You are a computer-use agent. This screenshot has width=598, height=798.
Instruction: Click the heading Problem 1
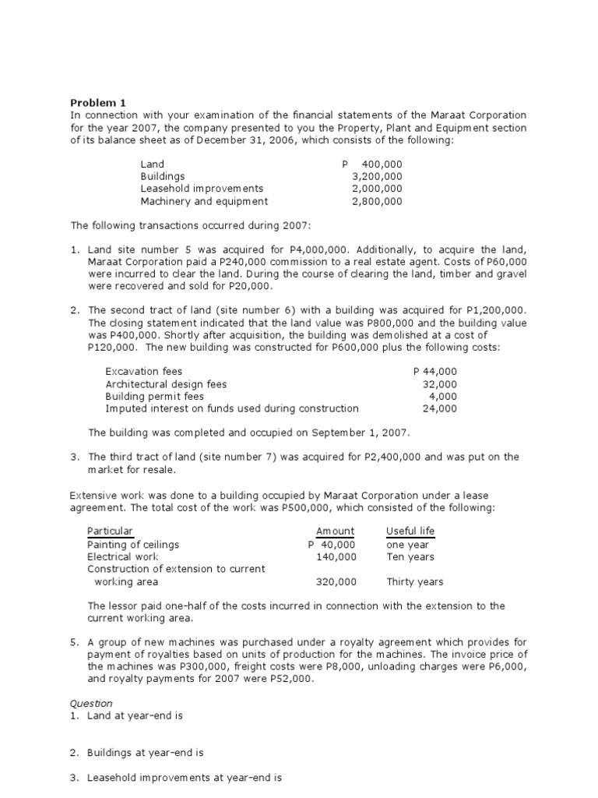(97, 102)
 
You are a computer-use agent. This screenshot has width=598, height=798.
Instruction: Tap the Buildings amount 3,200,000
(377, 176)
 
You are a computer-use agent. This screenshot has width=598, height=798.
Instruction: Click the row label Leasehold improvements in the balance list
(202, 189)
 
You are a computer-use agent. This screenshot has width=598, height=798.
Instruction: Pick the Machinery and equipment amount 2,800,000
(377, 201)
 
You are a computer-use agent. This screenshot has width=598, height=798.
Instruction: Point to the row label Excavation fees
(143, 372)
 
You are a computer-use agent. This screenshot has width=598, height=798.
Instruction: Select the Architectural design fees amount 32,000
(440, 384)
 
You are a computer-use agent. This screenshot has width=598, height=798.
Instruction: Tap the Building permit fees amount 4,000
(443, 396)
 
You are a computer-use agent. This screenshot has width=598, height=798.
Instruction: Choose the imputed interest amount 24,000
(440, 408)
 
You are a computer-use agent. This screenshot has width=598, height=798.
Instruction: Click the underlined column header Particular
(110, 531)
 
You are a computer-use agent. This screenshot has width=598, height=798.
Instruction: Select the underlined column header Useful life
(410, 531)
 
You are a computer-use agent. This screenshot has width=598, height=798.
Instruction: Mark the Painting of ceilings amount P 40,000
(332, 544)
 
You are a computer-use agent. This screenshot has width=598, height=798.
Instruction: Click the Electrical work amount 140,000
(336, 556)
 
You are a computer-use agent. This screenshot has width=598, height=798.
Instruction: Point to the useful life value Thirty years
(415, 581)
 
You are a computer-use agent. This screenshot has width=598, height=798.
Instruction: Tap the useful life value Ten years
(410, 556)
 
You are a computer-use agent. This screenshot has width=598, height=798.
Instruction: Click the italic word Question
(91, 703)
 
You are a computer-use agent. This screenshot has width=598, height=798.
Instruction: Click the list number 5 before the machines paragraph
(74, 643)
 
